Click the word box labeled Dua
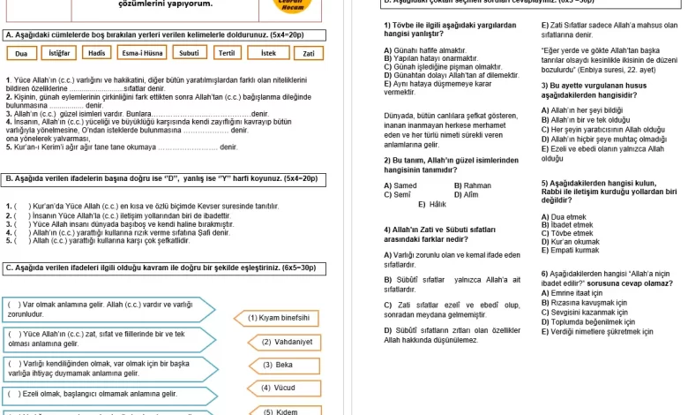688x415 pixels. coord(22,53)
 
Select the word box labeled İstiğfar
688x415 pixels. coord(59,53)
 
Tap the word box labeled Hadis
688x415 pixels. coord(97,53)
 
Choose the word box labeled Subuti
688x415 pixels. coord(189,53)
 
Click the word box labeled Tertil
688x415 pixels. coord(227,53)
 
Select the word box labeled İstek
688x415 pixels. coord(268,53)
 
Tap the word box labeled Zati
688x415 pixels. coord(308,53)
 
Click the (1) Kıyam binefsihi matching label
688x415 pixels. coord(279,318)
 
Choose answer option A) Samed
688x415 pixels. coord(400,185)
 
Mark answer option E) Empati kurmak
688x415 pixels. coord(572,250)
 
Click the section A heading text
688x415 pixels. coord(154,34)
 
